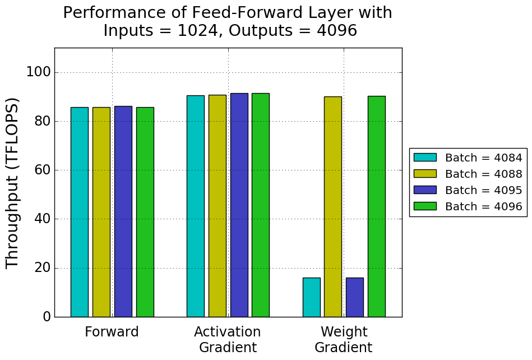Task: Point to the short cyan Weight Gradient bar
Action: tap(311, 297)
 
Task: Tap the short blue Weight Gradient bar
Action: tap(354, 297)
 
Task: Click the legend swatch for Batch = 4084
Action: tap(424, 158)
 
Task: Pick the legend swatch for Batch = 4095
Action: tap(424, 190)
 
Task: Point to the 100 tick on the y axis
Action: tap(39, 72)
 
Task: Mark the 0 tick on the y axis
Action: tap(46, 317)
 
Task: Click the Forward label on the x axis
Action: tap(112, 332)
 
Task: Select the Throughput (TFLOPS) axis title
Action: tap(12, 183)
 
